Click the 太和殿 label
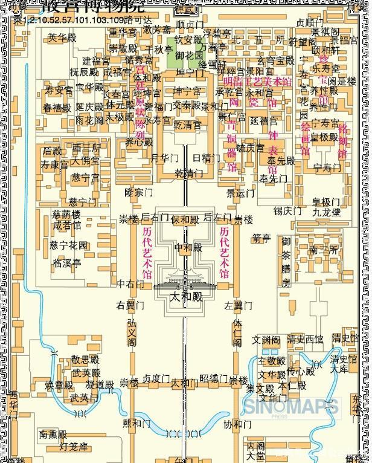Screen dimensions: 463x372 (x=185, y=297)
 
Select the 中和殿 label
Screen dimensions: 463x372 (x=187, y=247)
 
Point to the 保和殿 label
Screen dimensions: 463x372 (x=185, y=219)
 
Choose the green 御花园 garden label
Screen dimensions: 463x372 (x=188, y=55)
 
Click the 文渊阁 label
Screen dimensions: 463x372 (x=266, y=340)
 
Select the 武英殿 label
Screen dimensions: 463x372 (x=86, y=373)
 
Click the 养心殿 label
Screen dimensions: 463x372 (x=139, y=143)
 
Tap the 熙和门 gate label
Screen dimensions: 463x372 (x=136, y=423)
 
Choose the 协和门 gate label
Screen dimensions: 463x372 (x=236, y=424)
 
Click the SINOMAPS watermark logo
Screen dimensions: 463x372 (x=291, y=406)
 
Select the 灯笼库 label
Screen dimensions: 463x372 (x=74, y=447)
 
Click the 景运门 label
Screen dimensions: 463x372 (x=240, y=193)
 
